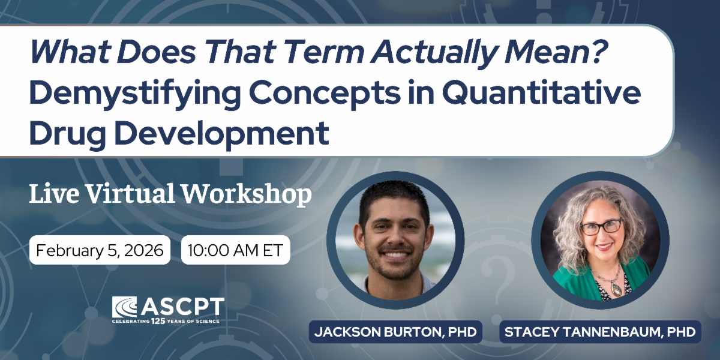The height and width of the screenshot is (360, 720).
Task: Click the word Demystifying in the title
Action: pyautogui.click(x=136, y=94)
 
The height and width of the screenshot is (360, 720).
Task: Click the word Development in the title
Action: pyautogui.click(x=221, y=133)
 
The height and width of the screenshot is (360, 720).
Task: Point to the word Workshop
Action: pyautogui.click(x=247, y=194)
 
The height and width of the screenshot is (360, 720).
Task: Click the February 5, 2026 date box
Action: pyautogui.click(x=100, y=250)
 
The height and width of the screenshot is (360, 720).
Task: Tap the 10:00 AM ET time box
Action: pyautogui.click(x=236, y=250)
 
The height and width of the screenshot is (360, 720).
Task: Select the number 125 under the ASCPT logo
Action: pyautogui.click(x=158, y=321)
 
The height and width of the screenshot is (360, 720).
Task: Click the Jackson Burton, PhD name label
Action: pyautogui.click(x=395, y=332)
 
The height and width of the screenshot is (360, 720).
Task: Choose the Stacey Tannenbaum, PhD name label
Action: pyautogui.click(x=600, y=332)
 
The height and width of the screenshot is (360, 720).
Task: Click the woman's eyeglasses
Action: pyautogui.click(x=601, y=227)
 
